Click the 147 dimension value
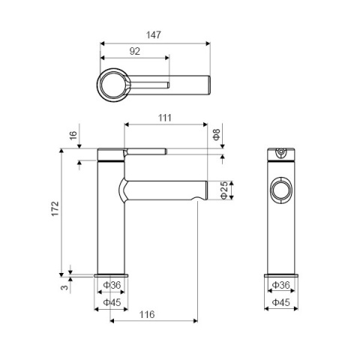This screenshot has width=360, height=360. (154, 35)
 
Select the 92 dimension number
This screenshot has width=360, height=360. (135, 51)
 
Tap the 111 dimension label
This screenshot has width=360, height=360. (165, 118)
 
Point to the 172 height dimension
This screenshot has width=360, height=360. (55, 208)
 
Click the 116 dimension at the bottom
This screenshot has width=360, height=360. (147, 314)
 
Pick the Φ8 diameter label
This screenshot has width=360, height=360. (217, 134)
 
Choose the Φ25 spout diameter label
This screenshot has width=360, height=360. (224, 190)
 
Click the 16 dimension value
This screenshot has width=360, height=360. (73, 136)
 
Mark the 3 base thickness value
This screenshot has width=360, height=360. (64, 287)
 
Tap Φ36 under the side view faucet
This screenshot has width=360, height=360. (112, 285)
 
